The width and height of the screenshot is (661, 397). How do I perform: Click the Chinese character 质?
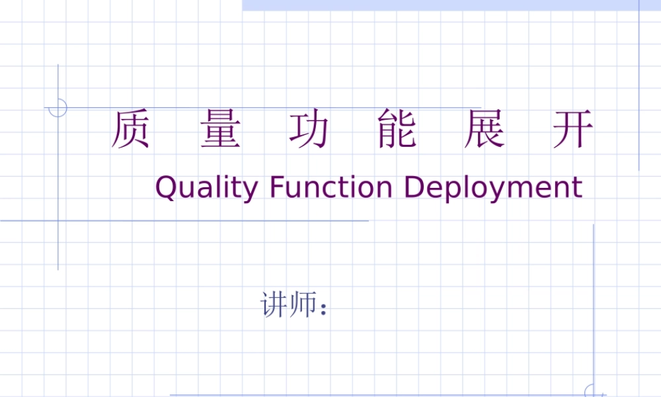point(130,130)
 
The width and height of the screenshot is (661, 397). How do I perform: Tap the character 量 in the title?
point(220,130)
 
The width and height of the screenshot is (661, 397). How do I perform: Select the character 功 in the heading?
point(309,130)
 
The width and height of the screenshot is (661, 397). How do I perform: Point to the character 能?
point(397,130)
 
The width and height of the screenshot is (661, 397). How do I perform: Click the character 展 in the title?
point(485,130)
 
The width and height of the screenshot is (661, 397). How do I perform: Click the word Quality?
point(206,188)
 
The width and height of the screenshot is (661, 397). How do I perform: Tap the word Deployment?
point(493,188)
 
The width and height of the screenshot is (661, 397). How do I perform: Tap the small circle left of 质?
point(58,107)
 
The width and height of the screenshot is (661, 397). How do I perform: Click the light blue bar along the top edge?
point(449,5)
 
